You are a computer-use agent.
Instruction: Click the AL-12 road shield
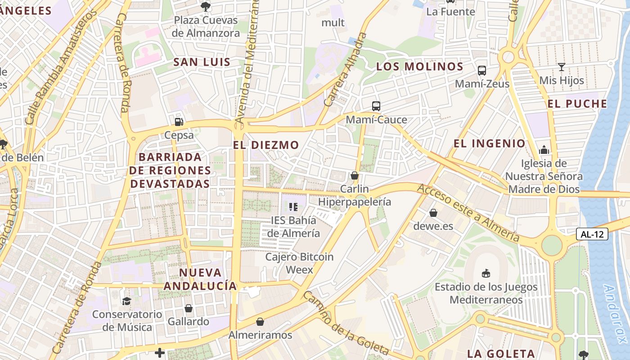(592, 234)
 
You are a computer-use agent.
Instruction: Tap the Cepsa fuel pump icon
(179, 121)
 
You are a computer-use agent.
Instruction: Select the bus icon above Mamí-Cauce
(376, 106)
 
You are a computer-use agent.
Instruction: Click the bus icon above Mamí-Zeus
(482, 71)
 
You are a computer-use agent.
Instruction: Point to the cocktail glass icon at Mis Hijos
(562, 67)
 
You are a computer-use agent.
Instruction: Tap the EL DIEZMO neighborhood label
(266, 145)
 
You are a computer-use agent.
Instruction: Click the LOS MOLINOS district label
(419, 67)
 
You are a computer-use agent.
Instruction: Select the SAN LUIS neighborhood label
(202, 62)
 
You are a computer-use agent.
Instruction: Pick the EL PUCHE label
(577, 104)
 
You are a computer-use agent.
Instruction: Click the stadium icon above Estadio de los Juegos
(486, 273)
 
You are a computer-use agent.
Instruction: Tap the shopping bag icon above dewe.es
(433, 212)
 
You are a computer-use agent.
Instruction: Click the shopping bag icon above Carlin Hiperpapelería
(355, 175)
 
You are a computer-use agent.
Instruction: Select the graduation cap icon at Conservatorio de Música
(126, 301)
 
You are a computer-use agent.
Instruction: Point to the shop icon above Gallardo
(189, 308)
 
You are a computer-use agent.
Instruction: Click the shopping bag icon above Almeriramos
(260, 322)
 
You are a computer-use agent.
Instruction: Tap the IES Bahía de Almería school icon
(293, 207)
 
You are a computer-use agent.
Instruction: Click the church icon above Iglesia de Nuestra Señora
(544, 149)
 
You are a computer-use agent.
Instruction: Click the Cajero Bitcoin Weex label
(299, 263)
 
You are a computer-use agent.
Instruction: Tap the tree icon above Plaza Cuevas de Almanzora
(206, 6)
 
